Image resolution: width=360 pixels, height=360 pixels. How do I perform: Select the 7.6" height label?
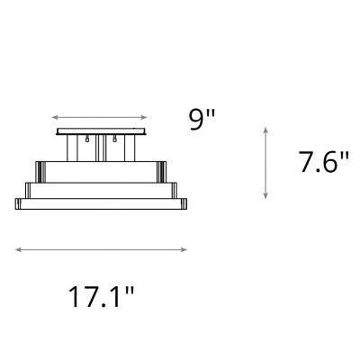tap(322, 164)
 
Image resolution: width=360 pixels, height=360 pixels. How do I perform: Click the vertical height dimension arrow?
tap(265, 163)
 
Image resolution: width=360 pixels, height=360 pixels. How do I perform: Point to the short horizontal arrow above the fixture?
tap(99, 117)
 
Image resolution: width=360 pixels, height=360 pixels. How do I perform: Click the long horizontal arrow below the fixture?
tap(101, 249)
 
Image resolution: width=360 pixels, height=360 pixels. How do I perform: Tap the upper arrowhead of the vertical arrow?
tap(265, 130)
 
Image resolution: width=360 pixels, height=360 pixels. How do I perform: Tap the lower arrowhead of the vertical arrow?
tap(265, 197)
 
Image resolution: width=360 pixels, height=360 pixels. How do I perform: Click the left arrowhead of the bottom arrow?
tap(17, 249)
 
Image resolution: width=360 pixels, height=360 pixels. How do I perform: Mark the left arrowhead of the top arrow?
tap(53, 117)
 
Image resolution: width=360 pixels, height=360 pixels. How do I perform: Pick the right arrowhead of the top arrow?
tap(145, 117)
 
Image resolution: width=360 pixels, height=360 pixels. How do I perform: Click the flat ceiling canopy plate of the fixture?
tap(99, 131)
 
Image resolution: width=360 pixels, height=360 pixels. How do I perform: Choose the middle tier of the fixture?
tap(101, 189)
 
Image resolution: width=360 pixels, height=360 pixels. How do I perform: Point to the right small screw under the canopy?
tap(115, 140)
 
